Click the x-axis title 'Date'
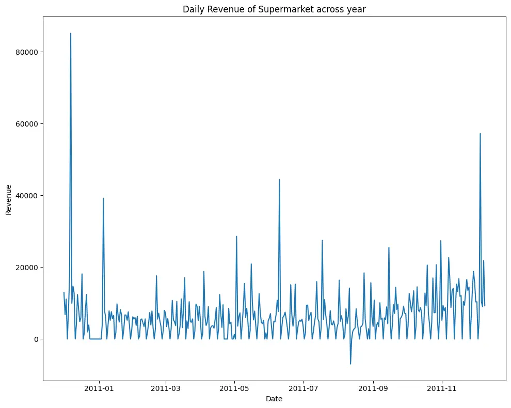click(274, 399)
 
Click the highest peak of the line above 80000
click(71, 34)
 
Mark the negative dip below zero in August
click(350, 364)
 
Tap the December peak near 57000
click(480, 134)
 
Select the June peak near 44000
click(279, 180)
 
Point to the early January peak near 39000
click(103, 198)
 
